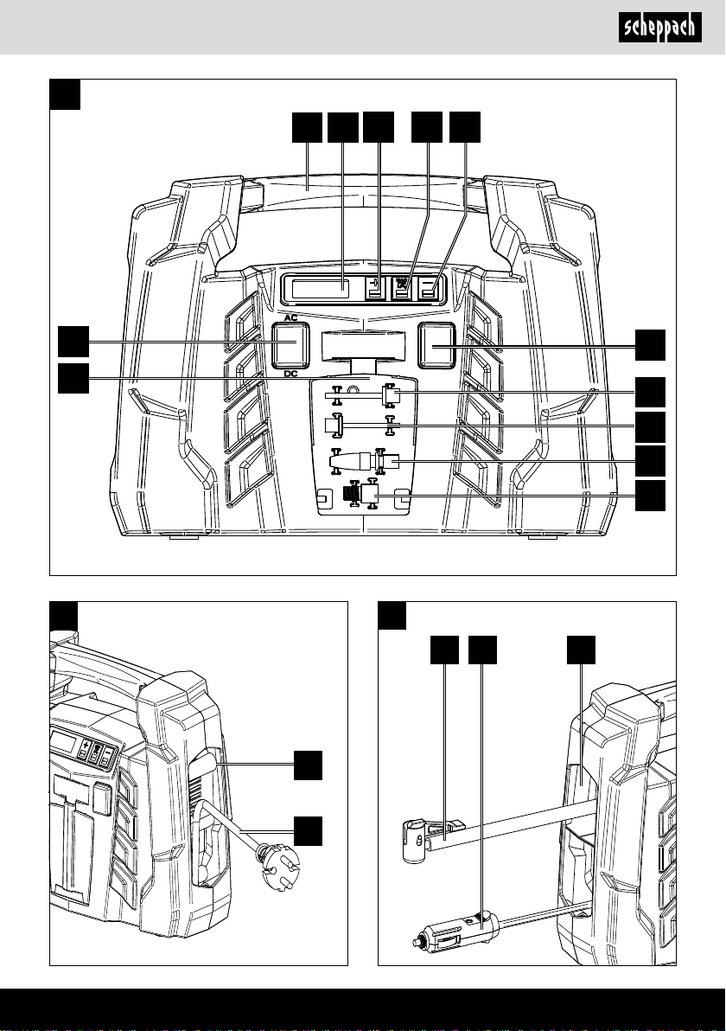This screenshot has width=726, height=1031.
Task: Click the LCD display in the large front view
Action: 321,289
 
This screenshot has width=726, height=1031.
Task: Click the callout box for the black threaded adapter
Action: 653,496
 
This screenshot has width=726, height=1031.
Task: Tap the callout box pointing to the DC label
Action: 74,378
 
